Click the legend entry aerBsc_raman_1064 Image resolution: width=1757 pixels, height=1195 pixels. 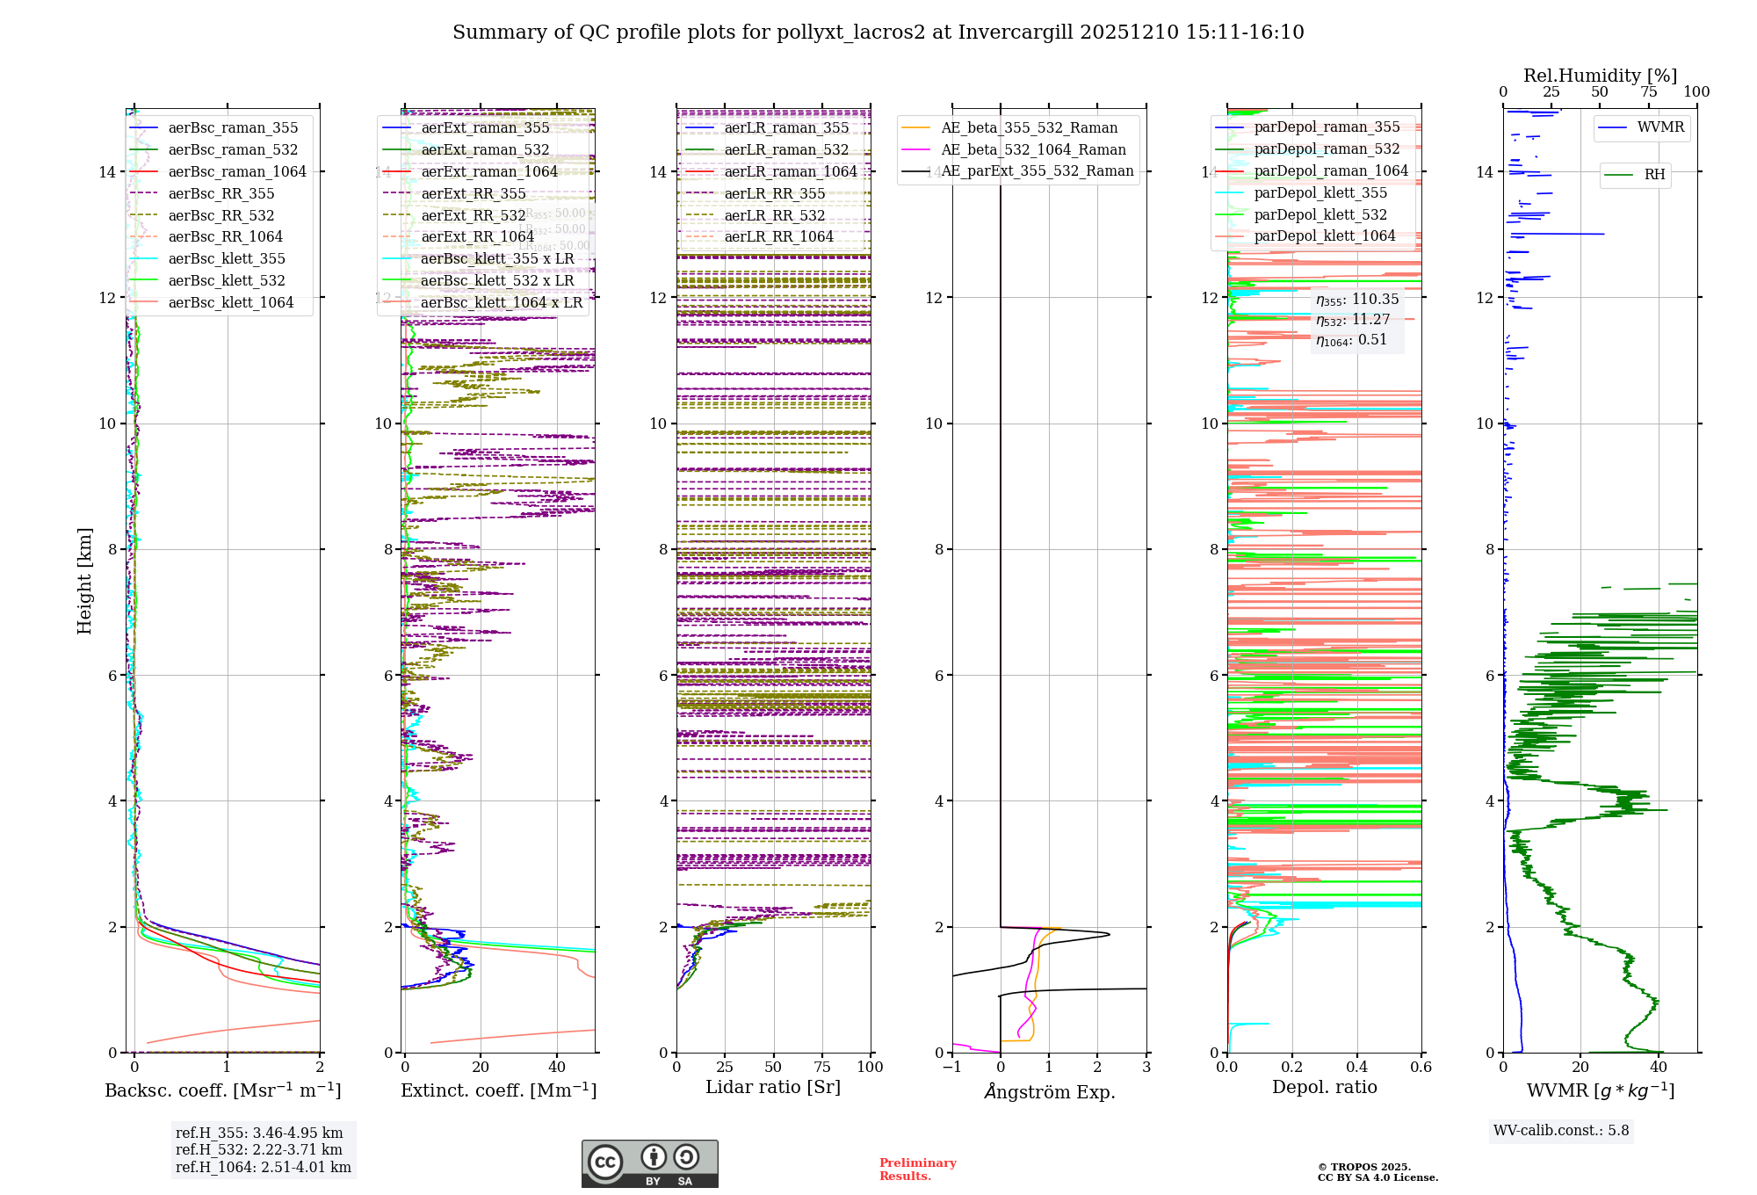pos(237,171)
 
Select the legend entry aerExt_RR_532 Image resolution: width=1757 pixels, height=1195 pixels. pos(474,215)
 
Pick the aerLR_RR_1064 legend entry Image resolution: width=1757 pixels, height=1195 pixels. pos(778,236)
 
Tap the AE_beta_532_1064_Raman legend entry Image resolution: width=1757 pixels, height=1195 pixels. pos(1033,149)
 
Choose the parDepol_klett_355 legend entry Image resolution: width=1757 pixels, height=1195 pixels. pos(1320,192)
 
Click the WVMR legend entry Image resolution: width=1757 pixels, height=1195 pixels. pos(1660,127)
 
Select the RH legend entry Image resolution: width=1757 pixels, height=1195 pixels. pos(1654,174)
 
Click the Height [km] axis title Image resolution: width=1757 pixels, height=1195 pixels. pos(84,580)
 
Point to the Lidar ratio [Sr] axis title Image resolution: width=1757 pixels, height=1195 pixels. pos(773,1087)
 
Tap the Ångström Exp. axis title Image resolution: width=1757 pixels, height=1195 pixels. pos(1049,1091)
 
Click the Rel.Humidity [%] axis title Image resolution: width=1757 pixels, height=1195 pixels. pos(1600,76)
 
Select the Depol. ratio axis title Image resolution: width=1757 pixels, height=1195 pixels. pos(1324,1087)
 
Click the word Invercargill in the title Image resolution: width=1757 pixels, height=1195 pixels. pos(1016,33)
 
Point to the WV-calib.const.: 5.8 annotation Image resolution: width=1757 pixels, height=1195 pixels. pos(1561,1130)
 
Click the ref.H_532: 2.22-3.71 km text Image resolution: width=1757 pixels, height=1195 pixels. pos(259,1149)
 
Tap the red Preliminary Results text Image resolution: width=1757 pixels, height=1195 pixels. pos(917,1169)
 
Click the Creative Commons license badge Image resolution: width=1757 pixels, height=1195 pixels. pos(649,1163)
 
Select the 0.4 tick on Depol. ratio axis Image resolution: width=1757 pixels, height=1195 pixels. pos(1356,1067)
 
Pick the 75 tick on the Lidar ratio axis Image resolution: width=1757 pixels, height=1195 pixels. pos(822,1067)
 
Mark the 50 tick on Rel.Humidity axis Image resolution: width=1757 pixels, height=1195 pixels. pos(1600,92)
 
